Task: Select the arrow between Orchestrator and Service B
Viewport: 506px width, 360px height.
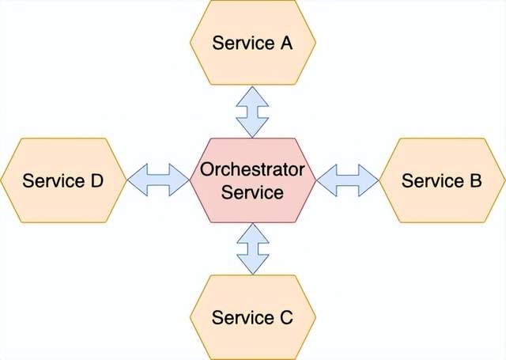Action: point(348,180)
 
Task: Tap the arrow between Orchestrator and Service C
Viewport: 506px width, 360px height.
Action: point(252,248)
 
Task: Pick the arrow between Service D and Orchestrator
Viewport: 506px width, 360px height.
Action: point(158,180)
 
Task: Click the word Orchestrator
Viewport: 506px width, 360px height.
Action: point(252,169)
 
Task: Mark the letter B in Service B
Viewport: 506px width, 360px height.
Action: point(474,180)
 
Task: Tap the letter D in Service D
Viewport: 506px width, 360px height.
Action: point(95,180)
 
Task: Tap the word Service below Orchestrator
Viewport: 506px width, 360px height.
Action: point(252,191)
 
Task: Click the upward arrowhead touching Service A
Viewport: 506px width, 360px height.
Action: point(252,93)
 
